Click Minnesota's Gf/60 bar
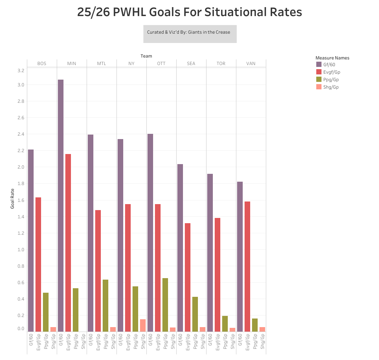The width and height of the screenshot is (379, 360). point(60,206)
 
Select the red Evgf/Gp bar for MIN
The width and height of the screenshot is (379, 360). point(68,243)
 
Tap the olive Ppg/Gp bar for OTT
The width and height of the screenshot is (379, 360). point(165,305)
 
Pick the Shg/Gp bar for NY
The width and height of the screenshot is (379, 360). point(143,325)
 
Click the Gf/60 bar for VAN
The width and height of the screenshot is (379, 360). point(240,256)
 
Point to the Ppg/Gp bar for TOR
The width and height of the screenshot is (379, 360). point(225,324)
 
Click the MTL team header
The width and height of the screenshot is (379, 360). point(102,64)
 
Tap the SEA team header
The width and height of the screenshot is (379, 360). point(191,64)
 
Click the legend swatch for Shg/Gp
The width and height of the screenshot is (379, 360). point(319,87)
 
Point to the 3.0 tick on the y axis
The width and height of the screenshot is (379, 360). point(21,85)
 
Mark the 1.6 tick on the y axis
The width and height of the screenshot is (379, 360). point(21,200)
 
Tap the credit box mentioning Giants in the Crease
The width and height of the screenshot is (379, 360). point(190,34)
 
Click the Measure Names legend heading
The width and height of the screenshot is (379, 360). point(332,58)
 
